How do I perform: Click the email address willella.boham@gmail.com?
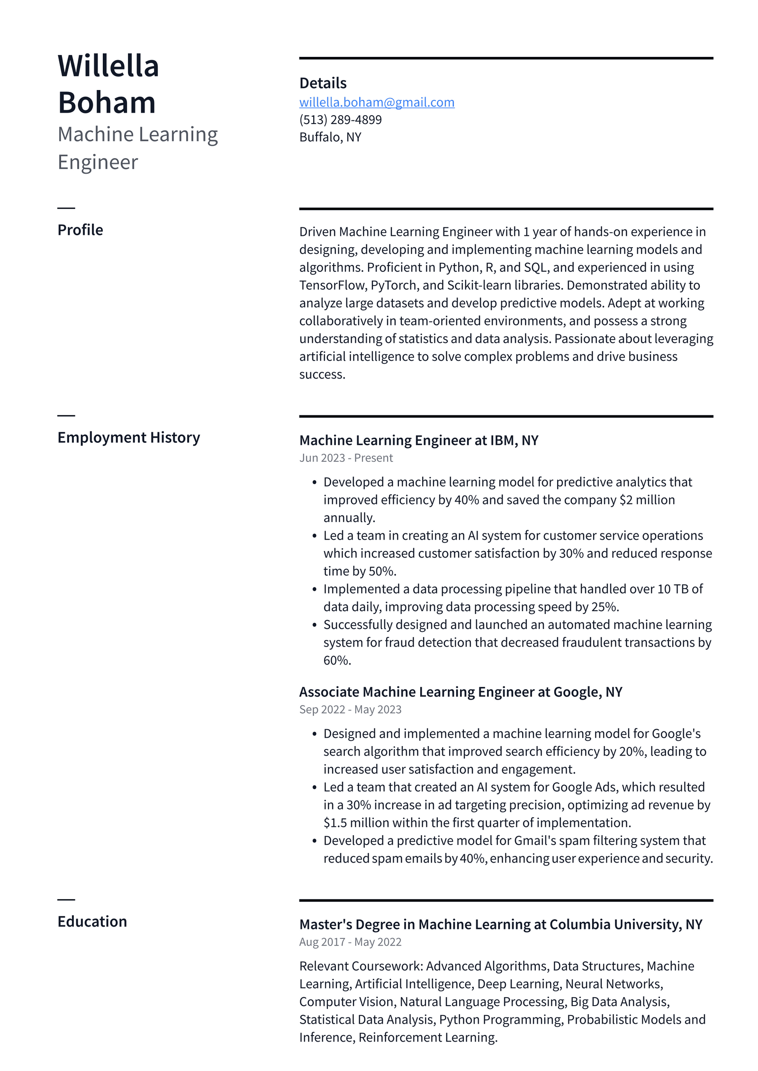tap(377, 102)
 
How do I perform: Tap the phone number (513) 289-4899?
tap(340, 120)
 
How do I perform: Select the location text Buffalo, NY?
tap(330, 137)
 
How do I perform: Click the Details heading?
tap(323, 83)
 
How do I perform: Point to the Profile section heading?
tap(80, 230)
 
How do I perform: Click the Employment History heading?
tap(128, 438)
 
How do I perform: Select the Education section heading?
tap(92, 922)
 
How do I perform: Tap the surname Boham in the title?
tap(107, 103)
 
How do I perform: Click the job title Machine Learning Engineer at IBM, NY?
tap(418, 441)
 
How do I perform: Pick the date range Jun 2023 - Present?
tap(346, 458)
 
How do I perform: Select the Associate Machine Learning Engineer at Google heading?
tap(460, 692)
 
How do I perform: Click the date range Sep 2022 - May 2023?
tap(350, 710)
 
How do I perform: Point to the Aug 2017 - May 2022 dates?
tap(350, 942)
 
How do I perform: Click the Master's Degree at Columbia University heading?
tap(500, 925)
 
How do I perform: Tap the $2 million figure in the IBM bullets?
tap(647, 500)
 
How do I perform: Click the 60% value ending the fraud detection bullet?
tap(337, 661)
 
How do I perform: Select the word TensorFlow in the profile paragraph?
tap(333, 286)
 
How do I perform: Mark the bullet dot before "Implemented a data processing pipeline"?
tap(314, 590)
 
